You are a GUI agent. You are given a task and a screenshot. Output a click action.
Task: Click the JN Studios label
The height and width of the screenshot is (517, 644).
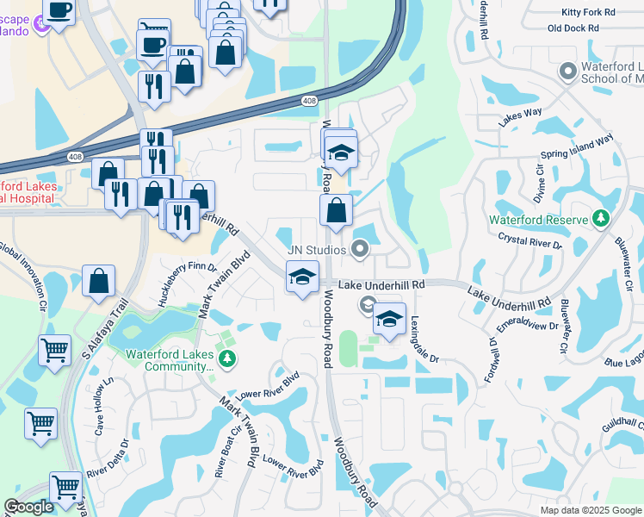[316, 251]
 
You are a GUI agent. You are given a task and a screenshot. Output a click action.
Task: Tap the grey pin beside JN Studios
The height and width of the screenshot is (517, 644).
[361, 251]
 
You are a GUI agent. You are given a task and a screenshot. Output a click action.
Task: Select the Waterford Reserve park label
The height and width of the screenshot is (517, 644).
[537, 220]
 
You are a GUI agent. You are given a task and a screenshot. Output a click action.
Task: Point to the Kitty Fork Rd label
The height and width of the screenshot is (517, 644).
[588, 13]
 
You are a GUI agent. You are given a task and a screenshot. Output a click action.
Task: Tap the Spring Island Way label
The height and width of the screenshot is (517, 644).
[577, 147]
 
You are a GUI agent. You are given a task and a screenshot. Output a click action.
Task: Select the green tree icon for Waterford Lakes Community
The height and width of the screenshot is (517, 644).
[227, 358]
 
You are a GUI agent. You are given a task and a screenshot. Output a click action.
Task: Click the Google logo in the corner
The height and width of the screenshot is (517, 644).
[28, 507]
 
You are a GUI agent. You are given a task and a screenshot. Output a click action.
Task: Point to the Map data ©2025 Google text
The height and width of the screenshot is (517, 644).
[590, 510]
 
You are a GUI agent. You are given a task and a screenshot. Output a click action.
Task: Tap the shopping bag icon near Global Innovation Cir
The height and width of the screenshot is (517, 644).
[99, 280]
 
